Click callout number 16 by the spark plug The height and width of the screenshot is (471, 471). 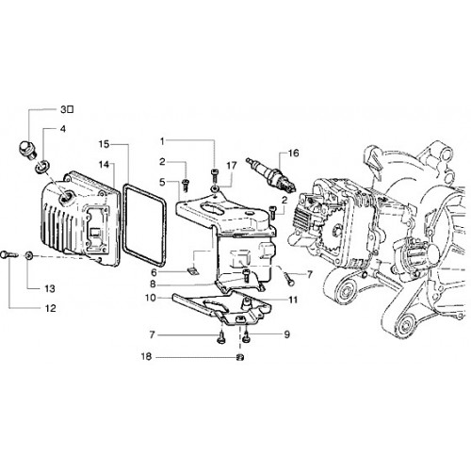(x=294, y=154)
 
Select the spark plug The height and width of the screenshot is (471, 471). (x=271, y=175)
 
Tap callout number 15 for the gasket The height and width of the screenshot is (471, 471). (x=104, y=144)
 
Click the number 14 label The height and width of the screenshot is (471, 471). (x=104, y=164)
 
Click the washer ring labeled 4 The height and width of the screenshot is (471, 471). (x=41, y=165)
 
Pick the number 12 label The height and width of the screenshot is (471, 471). (x=50, y=308)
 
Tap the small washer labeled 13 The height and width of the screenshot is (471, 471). (x=29, y=256)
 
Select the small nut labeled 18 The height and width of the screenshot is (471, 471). (x=240, y=357)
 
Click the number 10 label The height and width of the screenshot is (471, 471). (x=151, y=298)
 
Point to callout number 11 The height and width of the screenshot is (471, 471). (x=293, y=300)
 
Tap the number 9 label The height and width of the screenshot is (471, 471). (x=286, y=334)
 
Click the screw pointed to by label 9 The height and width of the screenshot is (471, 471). (x=247, y=337)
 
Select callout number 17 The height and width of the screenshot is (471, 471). (x=232, y=166)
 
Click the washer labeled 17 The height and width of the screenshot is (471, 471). (x=215, y=189)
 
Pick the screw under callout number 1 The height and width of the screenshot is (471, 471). (x=215, y=176)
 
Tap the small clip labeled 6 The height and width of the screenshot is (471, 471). (x=191, y=270)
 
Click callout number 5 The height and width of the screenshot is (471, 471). (x=162, y=182)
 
